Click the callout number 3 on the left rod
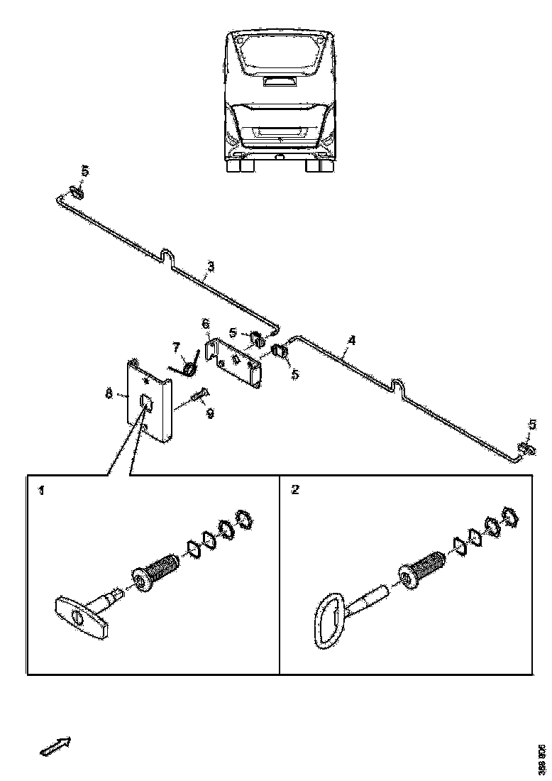tap(210, 268)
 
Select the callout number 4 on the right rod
tap(351, 339)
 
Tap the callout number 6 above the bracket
tap(206, 324)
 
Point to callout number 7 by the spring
tap(176, 347)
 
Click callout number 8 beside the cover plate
tap(109, 393)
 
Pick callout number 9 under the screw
tap(210, 414)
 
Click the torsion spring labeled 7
tap(187, 367)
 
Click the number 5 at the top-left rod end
tap(84, 171)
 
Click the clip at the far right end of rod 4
tap(524, 448)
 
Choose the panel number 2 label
tap(294, 491)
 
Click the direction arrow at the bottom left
tap(55, 746)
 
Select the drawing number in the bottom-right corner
tap(541, 759)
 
